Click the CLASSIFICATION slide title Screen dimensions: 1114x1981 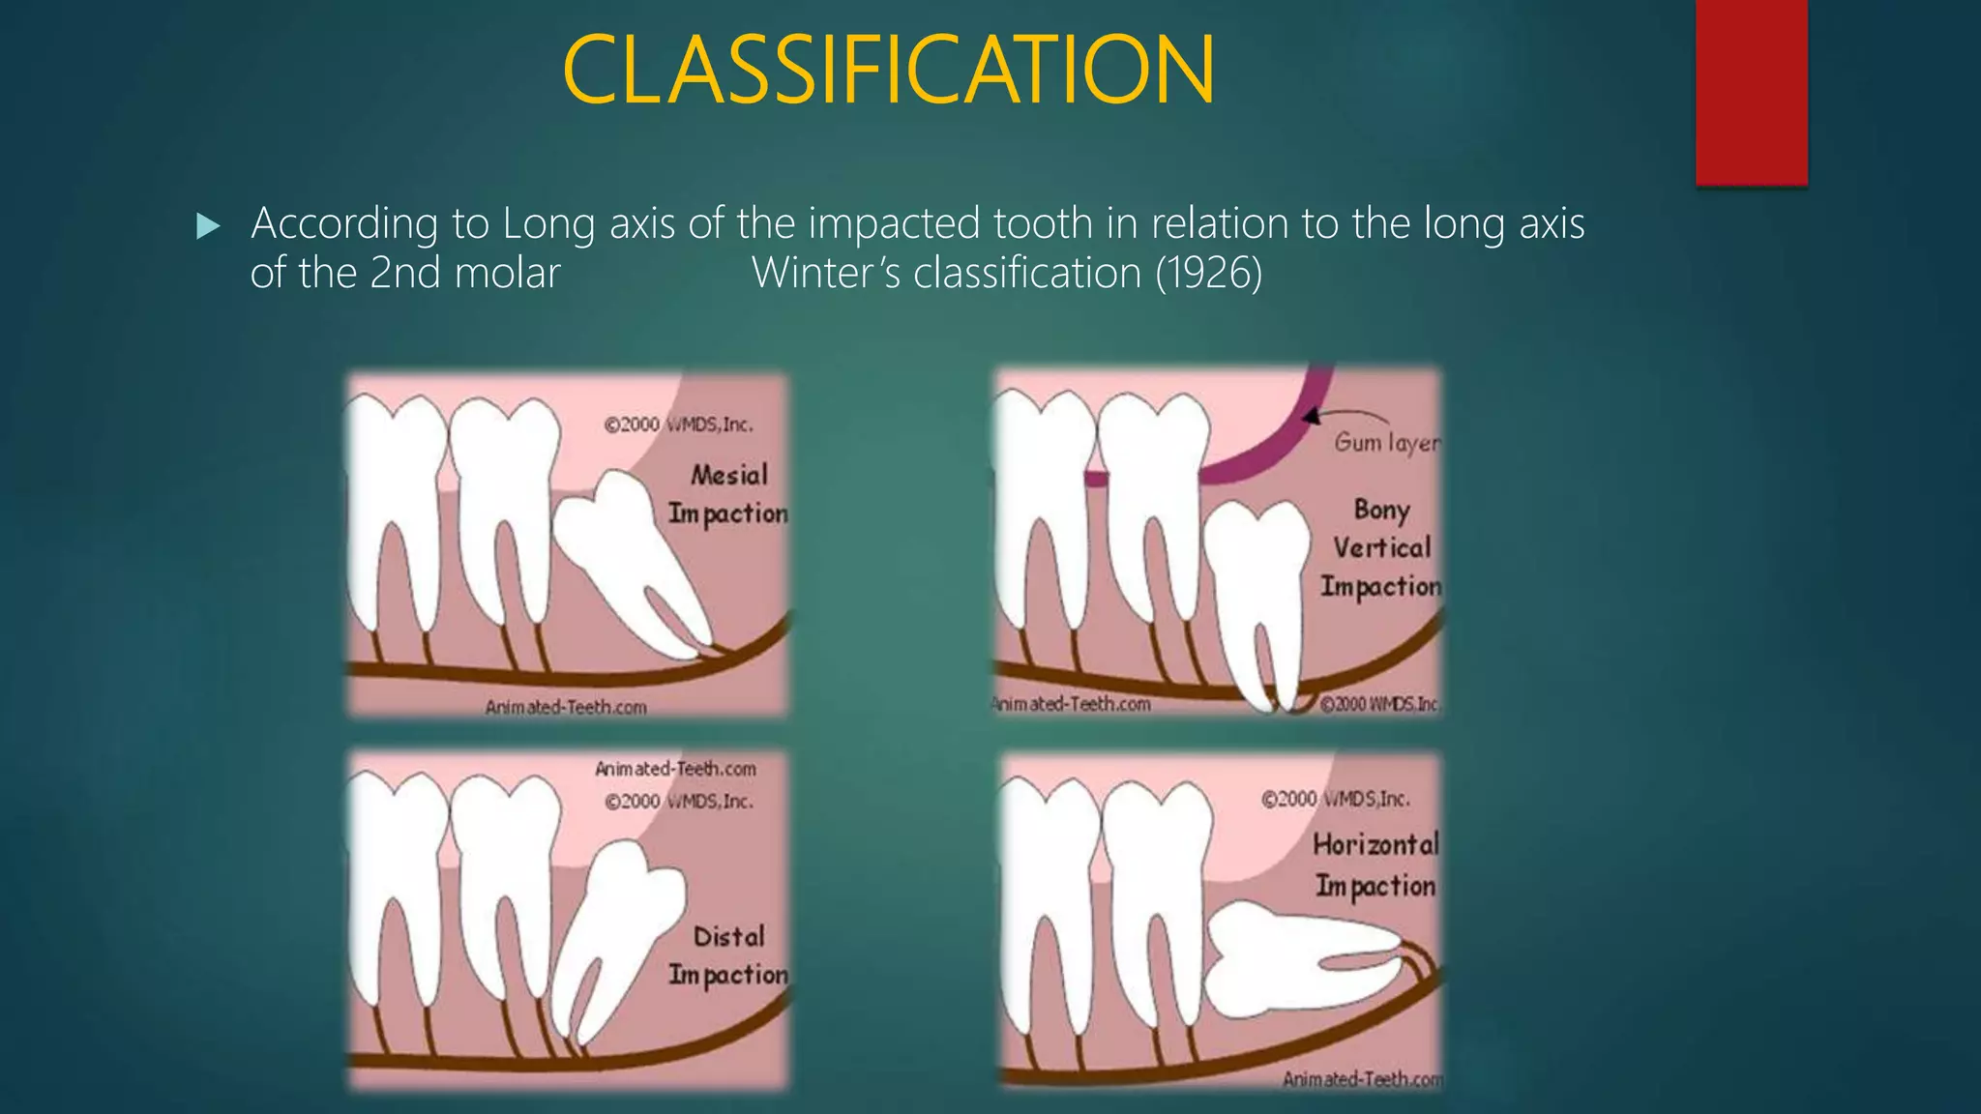point(888,70)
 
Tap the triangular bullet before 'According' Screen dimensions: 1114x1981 point(208,227)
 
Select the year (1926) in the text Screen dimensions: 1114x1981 point(1208,274)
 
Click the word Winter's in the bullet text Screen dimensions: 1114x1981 point(826,274)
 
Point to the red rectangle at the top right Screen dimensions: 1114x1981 point(1751,92)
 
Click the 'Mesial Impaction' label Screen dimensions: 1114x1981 point(728,494)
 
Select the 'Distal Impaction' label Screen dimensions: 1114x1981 point(728,955)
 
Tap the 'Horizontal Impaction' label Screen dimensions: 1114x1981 point(1375,865)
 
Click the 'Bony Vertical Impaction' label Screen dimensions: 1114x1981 point(1381,547)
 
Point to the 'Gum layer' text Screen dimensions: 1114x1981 point(1386,442)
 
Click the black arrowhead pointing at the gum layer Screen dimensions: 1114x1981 point(1312,417)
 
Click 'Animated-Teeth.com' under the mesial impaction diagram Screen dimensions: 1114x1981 point(566,708)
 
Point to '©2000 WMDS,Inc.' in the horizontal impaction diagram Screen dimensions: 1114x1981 point(1335,799)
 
